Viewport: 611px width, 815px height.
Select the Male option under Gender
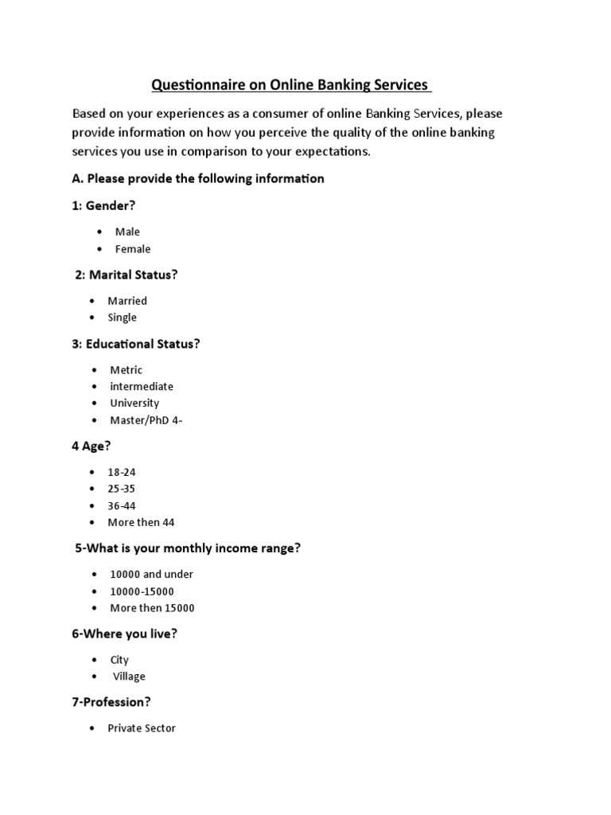[x=127, y=232]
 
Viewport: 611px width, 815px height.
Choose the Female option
[x=132, y=249]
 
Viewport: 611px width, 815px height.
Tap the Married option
[x=127, y=301]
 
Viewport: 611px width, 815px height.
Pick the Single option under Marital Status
[x=122, y=318]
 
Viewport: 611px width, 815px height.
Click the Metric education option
[x=126, y=370]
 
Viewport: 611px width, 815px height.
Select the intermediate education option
[x=141, y=386]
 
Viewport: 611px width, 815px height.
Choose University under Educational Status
[x=134, y=403]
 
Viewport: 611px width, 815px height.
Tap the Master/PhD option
[x=146, y=420]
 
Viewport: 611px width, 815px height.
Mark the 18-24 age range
[x=122, y=472]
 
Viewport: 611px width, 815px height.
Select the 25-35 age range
[x=122, y=489]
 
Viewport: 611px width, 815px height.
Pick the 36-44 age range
[x=122, y=505]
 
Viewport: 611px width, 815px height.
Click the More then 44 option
[x=141, y=523]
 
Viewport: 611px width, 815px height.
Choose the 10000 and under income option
[x=150, y=574]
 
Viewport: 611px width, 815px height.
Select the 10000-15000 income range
[x=142, y=591]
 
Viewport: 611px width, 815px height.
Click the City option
[x=119, y=660]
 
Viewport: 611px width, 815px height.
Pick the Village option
[x=129, y=677]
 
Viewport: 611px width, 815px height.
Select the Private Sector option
[x=142, y=728]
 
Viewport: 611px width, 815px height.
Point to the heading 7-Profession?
[x=111, y=702]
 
